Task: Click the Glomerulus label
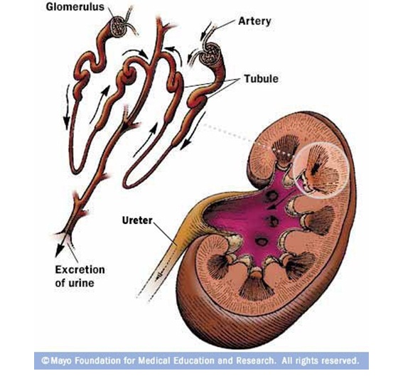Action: click(x=75, y=7)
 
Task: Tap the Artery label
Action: click(x=254, y=21)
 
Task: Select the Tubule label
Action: click(x=261, y=79)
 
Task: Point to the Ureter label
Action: click(x=137, y=220)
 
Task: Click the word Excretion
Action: click(x=80, y=269)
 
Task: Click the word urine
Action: click(x=82, y=283)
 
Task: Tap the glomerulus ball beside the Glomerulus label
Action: click(x=117, y=26)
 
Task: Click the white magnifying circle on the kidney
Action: click(x=321, y=170)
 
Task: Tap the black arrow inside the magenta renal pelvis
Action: click(x=281, y=200)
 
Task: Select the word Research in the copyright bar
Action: click(x=256, y=360)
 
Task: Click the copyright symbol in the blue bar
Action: click(x=46, y=360)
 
